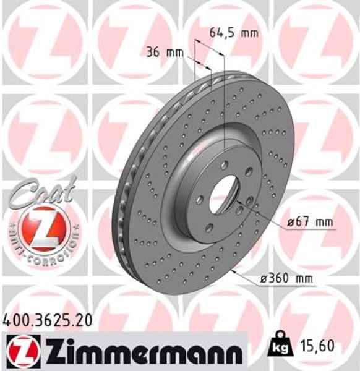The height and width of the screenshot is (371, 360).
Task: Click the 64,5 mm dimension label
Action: (x=232, y=33)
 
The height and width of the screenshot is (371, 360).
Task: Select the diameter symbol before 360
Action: (x=263, y=279)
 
